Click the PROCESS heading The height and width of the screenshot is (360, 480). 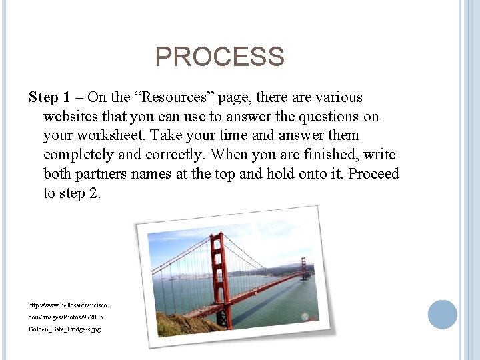tap(219, 57)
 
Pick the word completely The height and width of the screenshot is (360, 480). tap(81, 155)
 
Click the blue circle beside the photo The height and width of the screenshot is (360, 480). tap(442, 314)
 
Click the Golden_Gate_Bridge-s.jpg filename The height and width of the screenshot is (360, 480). tap(65, 329)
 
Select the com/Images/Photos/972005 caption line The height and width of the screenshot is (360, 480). tap(65, 317)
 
